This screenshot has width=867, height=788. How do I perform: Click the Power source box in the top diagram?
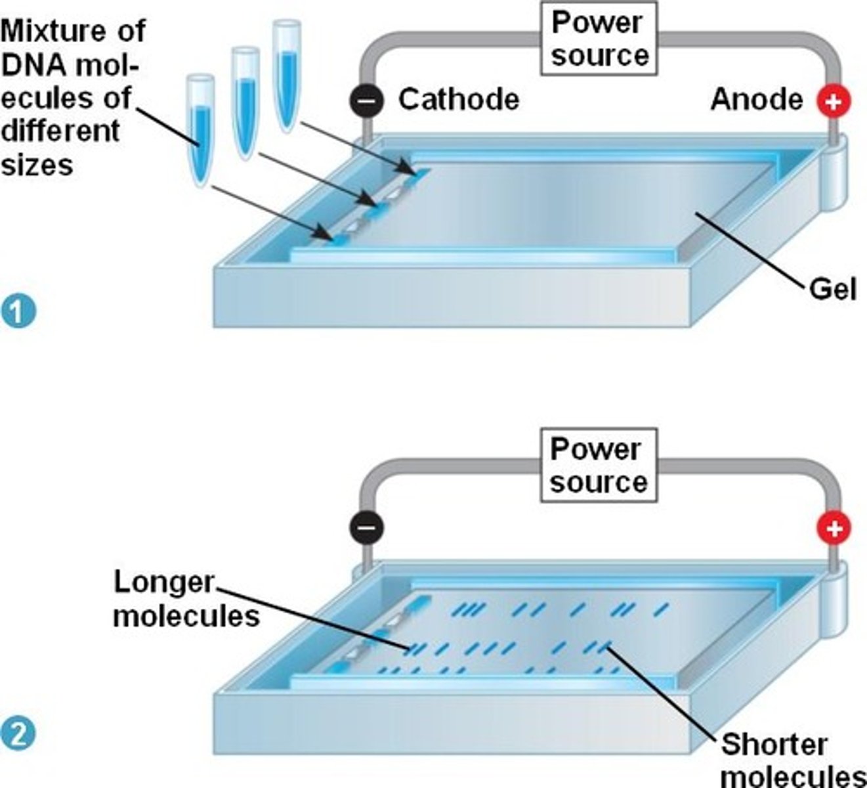(599, 39)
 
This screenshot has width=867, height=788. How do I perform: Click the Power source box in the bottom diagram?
(599, 466)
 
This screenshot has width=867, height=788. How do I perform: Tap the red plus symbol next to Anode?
(834, 101)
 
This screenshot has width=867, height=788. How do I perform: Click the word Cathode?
(459, 100)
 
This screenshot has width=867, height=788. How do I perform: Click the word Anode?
(756, 100)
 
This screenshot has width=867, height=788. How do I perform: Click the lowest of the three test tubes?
(200, 128)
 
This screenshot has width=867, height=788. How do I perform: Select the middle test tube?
(245, 102)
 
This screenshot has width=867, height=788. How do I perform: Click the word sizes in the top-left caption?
(36, 165)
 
